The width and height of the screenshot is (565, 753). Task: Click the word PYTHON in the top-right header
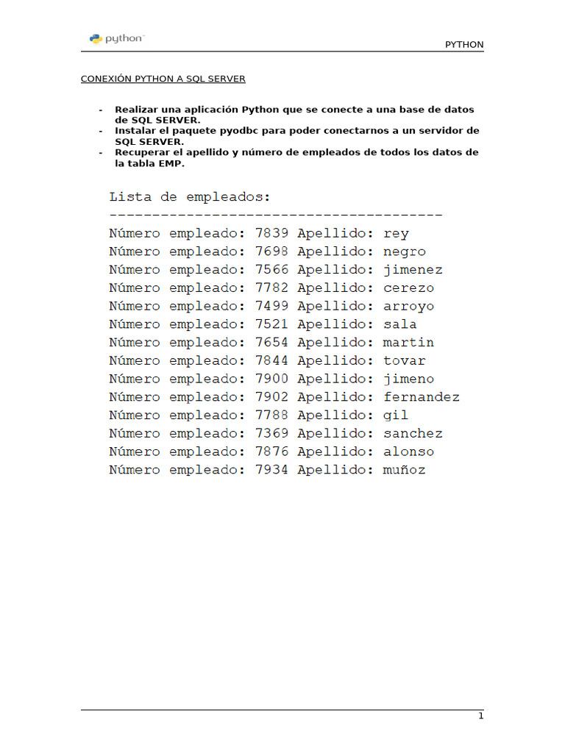pyautogui.click(x=464, y=45)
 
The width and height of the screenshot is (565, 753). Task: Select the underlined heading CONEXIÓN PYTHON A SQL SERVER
pyautogui.click(x=163, y=79)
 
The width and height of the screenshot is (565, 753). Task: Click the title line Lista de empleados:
pyautogui.click(x=190, y=197)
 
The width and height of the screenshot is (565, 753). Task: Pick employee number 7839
pyautogui.click(x=272, y=234)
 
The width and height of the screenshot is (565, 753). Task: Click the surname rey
pyautogui.click(x=396, y=234)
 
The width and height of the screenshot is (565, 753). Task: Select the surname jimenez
pyautogui.click(x=413, y=270)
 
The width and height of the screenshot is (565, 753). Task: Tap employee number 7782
pyautogui.click(x=272, y=288)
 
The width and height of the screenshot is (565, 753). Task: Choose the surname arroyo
pyautogui.click(x=408, y=307)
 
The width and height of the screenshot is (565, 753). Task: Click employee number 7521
pyautogui.click(x=272, y=324)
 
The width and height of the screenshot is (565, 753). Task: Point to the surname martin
pyautogui.click(x=408, y=343)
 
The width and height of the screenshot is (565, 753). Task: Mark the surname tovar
pyautogui.click(x=404, y=361)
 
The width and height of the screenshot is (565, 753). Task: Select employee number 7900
pyautogui.click(x=272, y=379)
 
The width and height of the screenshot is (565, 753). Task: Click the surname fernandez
pyautogui.click(x=422, y=397)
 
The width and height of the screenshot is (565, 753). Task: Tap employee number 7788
pyautogui.click(x=272, y=415)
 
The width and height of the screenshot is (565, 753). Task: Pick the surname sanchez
pyautogui.click(x=413, y=434)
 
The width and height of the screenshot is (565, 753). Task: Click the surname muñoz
pyautogui.click(x=404, y=470)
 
